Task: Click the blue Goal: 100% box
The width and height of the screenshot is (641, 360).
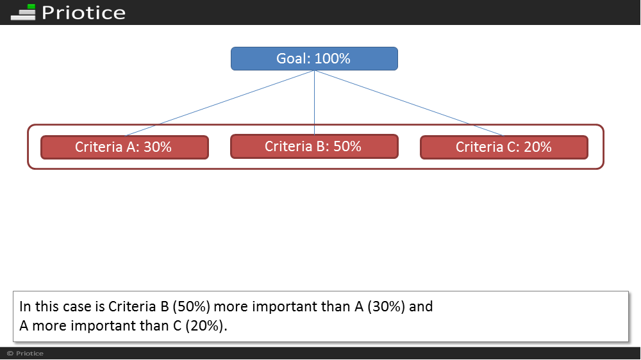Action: tap(314, 58)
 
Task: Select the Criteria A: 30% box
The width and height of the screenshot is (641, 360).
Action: tap(125, 147)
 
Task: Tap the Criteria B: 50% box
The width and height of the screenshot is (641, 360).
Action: tap(314, 146)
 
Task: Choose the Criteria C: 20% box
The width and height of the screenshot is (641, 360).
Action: tap(504, 147)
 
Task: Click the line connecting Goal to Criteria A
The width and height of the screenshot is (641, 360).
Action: tap(219, 103)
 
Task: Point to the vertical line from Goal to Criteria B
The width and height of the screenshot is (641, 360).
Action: tap(314, 102)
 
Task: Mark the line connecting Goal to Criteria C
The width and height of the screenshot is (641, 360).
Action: tap(409, 103)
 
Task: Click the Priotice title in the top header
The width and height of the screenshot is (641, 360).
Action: tap(83, 13)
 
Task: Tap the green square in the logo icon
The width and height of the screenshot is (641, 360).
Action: tap(31, 7)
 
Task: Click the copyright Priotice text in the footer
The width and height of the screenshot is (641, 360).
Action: tap(26, 354)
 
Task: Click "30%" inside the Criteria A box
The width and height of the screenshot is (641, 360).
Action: tap(158, 147)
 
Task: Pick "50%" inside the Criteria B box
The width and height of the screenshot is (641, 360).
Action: tap(347, 146)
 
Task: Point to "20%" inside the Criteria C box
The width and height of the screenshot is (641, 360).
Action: tap(537, 147)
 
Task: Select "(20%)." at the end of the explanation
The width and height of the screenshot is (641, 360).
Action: tap(206, 325)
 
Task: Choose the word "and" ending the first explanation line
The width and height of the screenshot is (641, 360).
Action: tap(421, 306)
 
